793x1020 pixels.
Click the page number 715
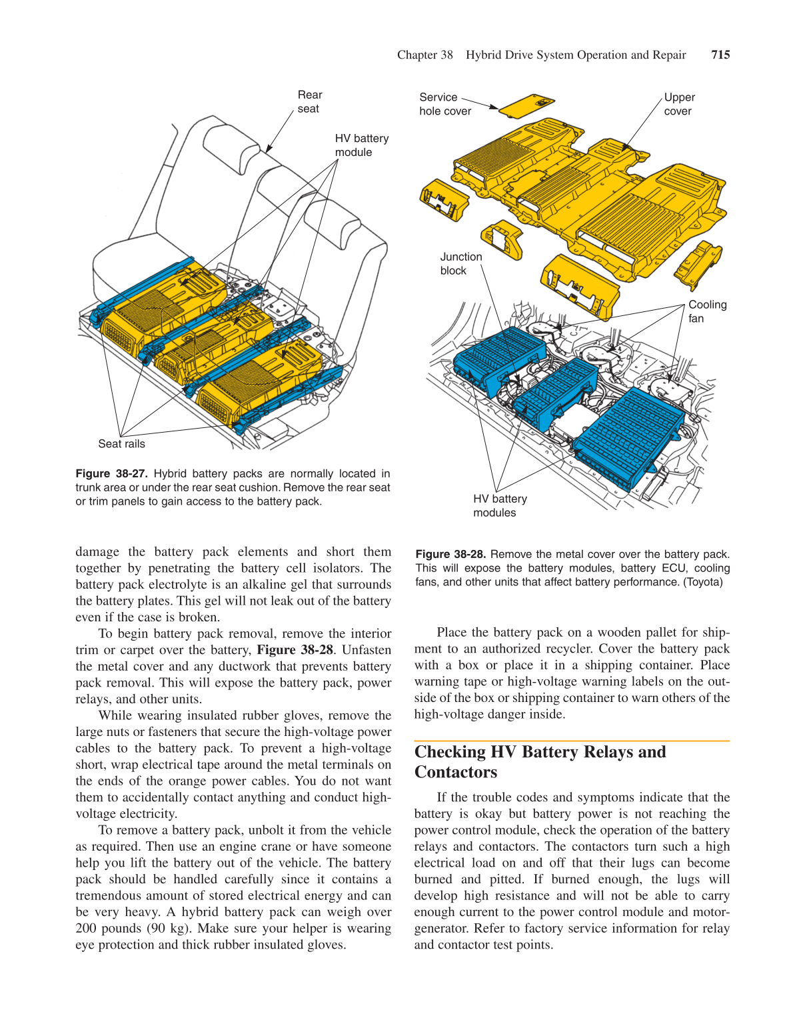(720, 55)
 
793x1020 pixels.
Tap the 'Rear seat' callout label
(309, 102)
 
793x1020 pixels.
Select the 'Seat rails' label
(121, 444)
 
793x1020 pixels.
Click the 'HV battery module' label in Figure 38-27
(361, 145)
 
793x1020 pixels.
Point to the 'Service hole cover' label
(444, 104)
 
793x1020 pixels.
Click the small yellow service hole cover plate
(526, 105)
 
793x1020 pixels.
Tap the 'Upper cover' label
(678, 104)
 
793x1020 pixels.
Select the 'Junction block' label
(460, 263)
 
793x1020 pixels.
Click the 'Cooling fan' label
(707, 311)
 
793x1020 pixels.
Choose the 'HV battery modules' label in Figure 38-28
(500, 505)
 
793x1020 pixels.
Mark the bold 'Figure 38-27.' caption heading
(111, 473)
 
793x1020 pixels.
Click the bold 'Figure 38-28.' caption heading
(450, 554)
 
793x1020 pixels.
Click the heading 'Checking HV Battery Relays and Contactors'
(540, 761)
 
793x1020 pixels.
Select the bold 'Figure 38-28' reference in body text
(295, 650)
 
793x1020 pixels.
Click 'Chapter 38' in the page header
(424, 55)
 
